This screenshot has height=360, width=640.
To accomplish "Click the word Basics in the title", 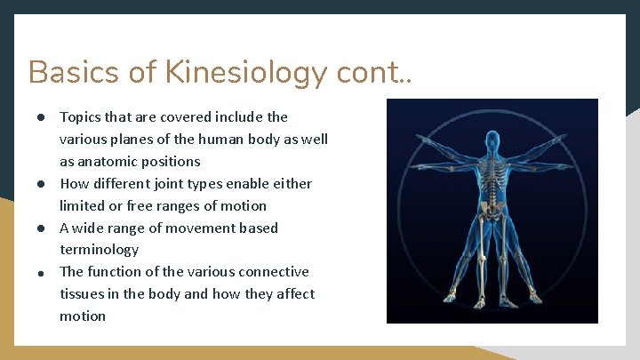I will (70, 72).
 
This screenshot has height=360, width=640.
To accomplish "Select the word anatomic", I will (109, 162).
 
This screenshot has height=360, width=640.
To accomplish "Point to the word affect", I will (293, 294).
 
